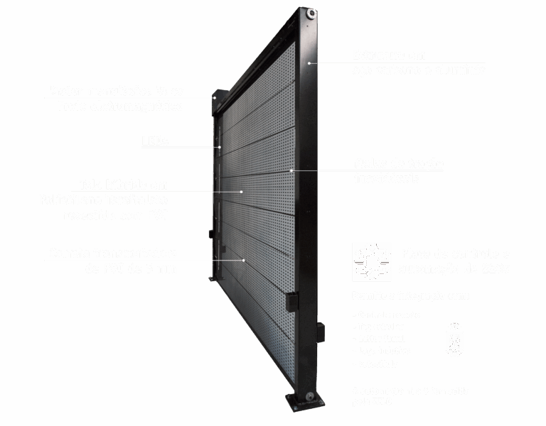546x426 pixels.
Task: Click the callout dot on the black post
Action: click(x=309, y=63)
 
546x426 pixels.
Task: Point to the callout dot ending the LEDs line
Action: click(x=220, y=148)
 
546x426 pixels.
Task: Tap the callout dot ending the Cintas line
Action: click(x=291, y=170)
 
